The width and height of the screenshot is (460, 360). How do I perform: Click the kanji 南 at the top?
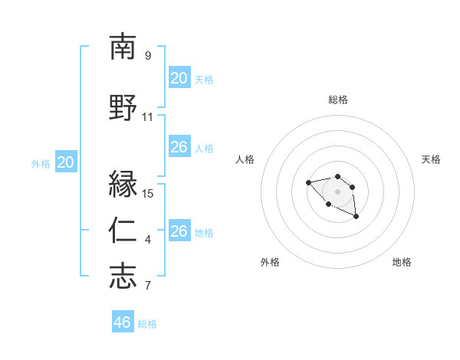pyautogui.click(x=123, y=47)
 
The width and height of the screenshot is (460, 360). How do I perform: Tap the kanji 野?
pyautogui.click(x=123, y=109)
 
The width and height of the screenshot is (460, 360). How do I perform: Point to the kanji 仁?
pyautogui.click(x=123, y=231)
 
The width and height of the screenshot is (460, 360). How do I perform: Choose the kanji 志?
pyautogui.click(x=123, y=277)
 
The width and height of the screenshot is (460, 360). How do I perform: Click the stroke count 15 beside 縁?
pyautogui.click(x=149, y=193)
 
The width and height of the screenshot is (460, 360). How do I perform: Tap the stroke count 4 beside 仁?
pyautogui.click(x=148, y=240)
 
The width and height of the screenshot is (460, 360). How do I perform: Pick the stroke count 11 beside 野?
pyautogui.click(x=148, y=117)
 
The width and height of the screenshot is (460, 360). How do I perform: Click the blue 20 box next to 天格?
pyautogui.click(x=179, y=78)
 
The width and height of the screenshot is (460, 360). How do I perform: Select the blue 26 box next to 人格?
pyautogui.click(x=179, y=147)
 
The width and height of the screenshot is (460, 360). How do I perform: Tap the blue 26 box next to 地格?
pyautogui.click(x=179, y=231)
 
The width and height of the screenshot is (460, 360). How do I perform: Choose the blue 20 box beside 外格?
pyautogui.click(x=66, y=162)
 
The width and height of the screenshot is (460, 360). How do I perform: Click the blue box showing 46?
pyautogui.click(x=122, y=322)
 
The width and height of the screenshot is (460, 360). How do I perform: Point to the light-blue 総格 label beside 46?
pyautogui.click(x=147, y=324)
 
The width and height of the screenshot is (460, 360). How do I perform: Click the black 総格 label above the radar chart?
pyautogui.click(x=337, y=100)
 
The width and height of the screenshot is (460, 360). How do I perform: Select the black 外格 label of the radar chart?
pyautogui.click(x=270, y=262)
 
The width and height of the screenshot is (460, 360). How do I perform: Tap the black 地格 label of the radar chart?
pyautogui.click(x=402, y=262)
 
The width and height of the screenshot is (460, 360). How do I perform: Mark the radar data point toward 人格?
pyautogui.click(x=308, y=182)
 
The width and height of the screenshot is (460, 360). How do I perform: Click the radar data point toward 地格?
pyautogui.click(x=356, y=217)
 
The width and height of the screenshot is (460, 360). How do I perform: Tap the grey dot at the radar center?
pyautogui.click(x=337, y=191)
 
